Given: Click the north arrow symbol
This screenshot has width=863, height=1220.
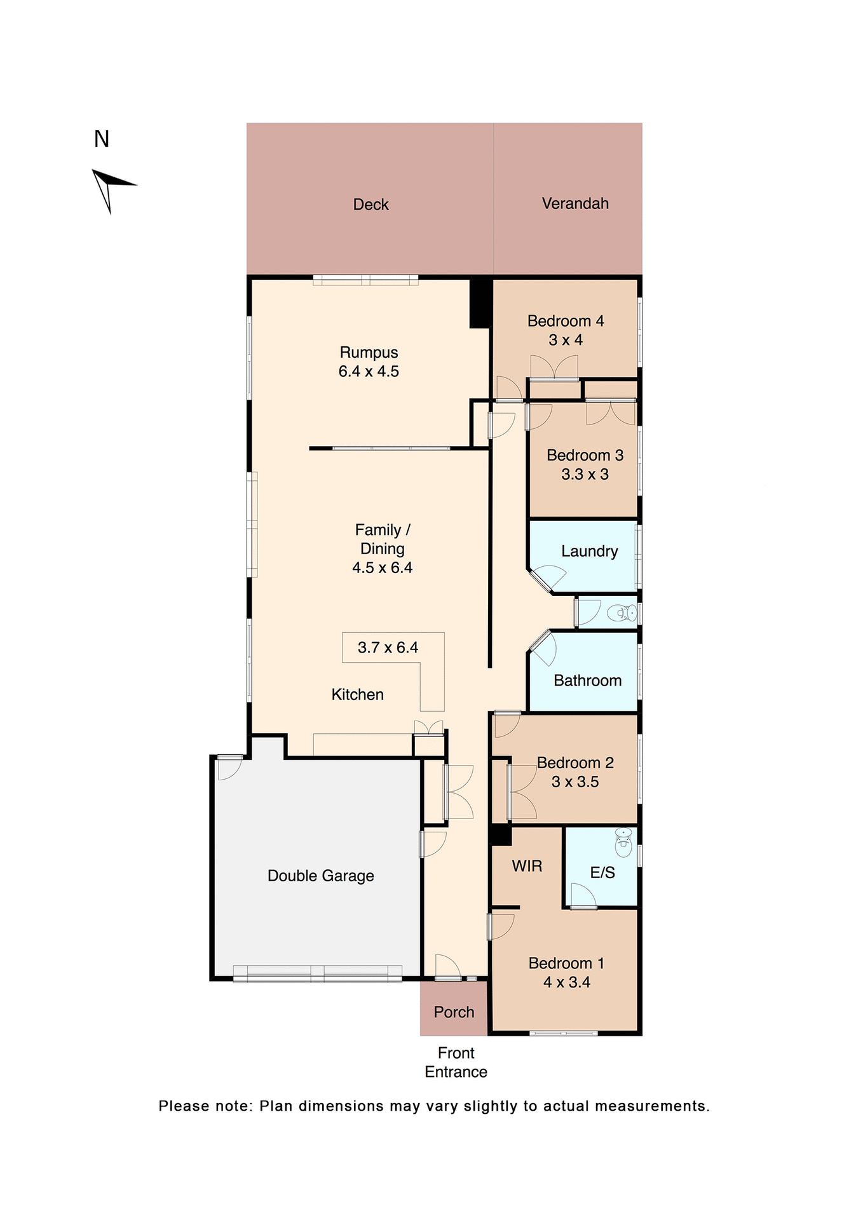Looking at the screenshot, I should [x=111, y=189].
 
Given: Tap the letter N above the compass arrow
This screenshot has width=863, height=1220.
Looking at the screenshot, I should [x=102, y=139].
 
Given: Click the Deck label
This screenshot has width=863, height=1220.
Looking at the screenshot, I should [x=370, y=205].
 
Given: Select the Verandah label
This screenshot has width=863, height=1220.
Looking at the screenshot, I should [x=574, y=203].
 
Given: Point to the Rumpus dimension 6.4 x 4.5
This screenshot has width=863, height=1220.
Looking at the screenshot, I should [x=369, y=372].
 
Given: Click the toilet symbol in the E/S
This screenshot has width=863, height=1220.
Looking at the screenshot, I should [x=623, y=842].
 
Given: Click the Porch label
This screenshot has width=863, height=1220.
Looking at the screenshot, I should [x=454, y=1012].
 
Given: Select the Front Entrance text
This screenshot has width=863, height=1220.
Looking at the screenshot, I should [x=456, y=1062].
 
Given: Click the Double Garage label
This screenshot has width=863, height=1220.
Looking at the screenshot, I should [x=320, y=876].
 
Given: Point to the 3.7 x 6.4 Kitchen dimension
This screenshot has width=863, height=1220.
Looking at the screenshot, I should [x=388, y=647].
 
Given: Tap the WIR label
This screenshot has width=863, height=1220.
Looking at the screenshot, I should [x=527, y=866].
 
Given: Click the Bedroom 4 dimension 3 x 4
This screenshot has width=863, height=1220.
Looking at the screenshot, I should [x=566, y=340].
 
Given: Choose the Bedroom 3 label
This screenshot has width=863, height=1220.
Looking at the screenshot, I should [x=585, y=456].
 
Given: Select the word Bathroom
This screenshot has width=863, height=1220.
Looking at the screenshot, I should [x=587, y=681].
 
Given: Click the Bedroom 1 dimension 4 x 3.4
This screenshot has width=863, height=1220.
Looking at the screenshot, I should [x=566, y=982].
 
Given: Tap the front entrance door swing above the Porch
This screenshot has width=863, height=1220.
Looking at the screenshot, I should [x=447, y=966].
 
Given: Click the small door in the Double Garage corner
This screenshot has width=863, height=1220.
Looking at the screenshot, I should [x=229, y=768].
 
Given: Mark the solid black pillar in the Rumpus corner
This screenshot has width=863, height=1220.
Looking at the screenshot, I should [x=480, y=304].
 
